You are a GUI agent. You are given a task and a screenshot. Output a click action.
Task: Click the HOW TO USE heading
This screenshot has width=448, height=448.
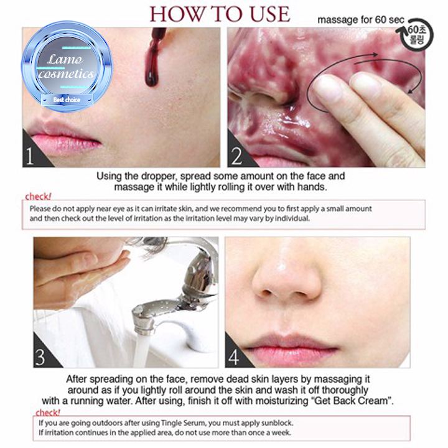[x=220, y=14]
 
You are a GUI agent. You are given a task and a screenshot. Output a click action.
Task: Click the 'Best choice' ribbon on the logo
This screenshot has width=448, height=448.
[x=67, y=100]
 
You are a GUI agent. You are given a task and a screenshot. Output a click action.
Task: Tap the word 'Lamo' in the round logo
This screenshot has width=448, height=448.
[x=65, y=60]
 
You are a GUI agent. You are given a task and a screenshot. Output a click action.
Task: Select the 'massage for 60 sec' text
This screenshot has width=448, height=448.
[x=361, y=20]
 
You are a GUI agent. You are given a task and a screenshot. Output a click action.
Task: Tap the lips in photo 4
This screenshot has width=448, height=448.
[x=293, y=347]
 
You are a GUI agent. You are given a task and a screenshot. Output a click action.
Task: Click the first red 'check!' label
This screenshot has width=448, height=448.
[x=38, y=197]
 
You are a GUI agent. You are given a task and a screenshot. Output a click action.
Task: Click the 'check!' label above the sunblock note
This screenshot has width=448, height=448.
[x=48, y=413]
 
